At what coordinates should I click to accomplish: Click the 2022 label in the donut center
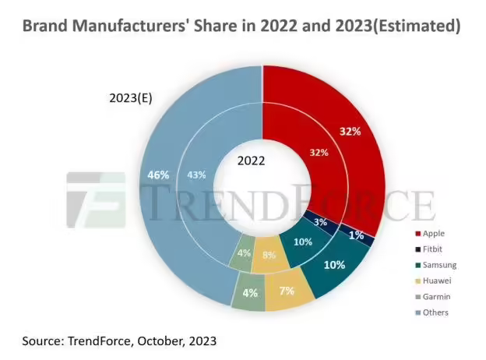251,161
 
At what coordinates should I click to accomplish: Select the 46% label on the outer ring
159,175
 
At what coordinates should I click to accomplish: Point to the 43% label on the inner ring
199,175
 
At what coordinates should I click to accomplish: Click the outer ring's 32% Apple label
350,131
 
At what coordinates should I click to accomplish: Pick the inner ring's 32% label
319,153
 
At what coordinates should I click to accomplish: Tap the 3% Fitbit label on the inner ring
319,223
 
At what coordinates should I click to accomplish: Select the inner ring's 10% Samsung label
303,242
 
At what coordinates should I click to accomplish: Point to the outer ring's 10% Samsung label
334,265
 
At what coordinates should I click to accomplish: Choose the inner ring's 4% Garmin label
244,252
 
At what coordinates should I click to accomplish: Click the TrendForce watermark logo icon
96,200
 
